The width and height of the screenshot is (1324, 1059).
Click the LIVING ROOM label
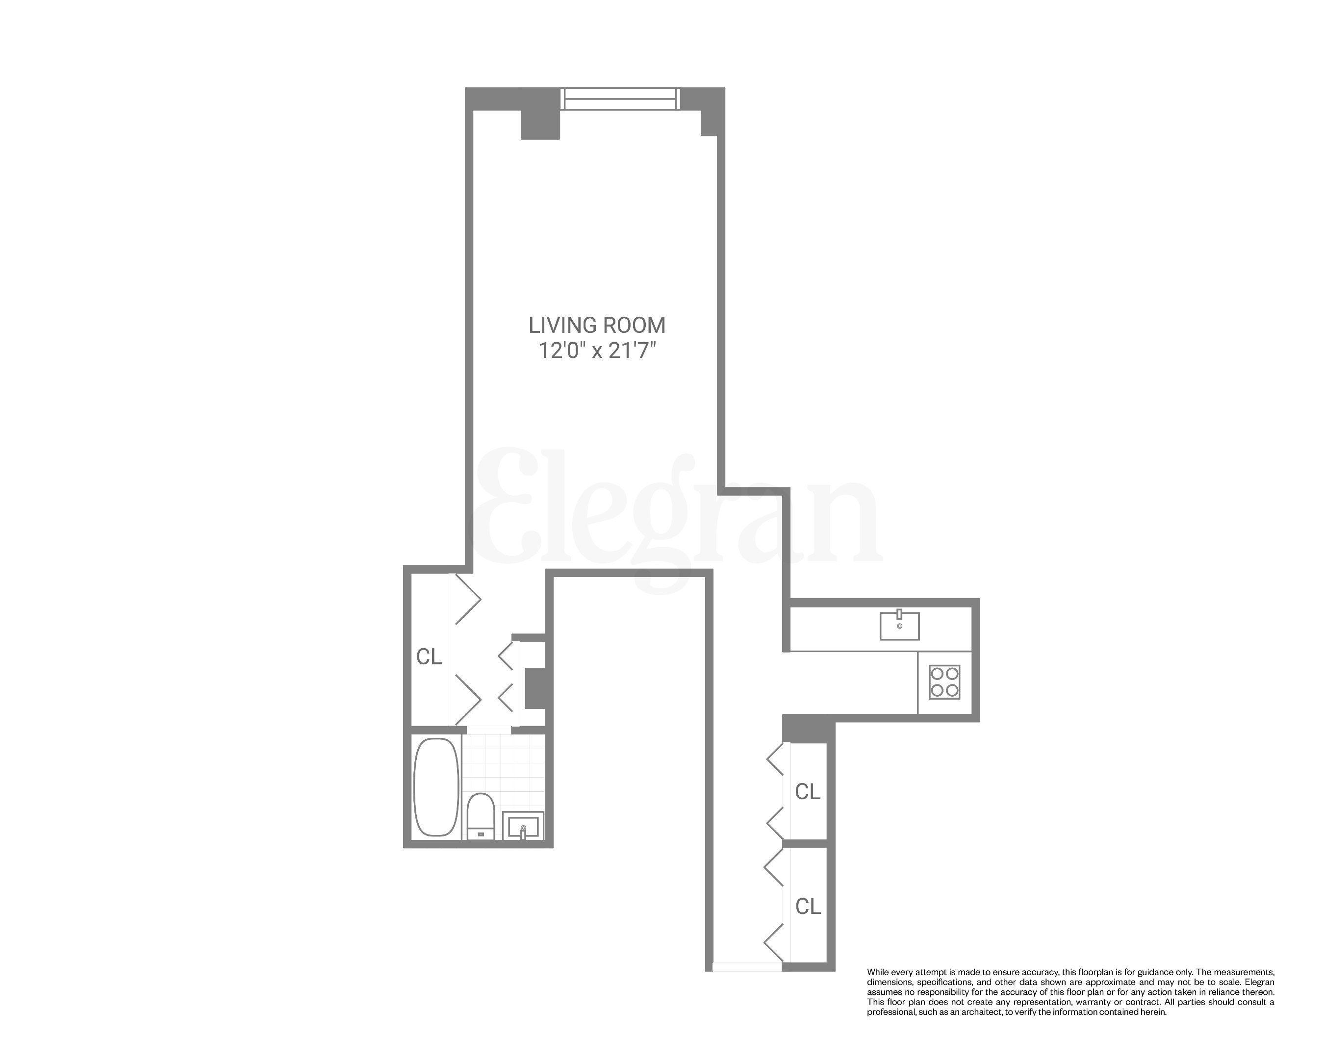tap(596, 325)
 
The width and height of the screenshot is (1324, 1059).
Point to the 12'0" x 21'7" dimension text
tap(596, 351)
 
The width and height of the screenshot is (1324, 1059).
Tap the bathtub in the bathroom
tap(436, 787)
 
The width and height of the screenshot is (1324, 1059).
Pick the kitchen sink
tap(900, 626)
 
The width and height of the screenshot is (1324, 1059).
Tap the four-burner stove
tap(944, 681)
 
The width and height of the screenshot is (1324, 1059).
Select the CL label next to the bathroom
tap(429, 657)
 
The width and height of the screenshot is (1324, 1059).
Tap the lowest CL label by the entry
tap(808, 906)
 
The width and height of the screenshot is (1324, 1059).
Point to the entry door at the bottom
tap(747, 967)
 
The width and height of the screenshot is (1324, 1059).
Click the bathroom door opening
tap(489, 730)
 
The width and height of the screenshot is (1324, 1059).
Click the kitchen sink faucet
tap(900, 614)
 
